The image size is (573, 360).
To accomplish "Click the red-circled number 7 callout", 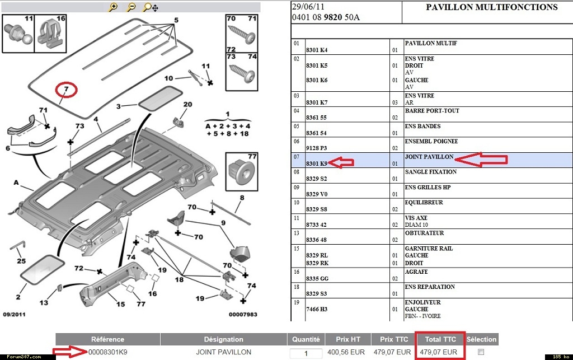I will click(x=65, y=89).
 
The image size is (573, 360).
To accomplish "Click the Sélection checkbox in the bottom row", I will click(x=481, y=352).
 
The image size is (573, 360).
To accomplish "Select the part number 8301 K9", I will click(x=317, y=163).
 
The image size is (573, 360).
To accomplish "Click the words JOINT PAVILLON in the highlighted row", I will click(x=429, y=157).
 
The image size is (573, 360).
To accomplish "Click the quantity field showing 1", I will click(x=306, y=353).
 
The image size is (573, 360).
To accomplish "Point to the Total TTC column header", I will click(x=439, y=339).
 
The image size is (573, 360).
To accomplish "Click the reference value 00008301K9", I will click(x=108, y=352).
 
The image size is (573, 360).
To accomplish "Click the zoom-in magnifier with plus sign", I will click(x=114, y=7).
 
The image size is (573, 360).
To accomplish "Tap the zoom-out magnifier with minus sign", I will click(x=131, y=7).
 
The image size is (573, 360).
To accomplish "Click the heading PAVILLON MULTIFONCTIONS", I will click(x=492, y=7).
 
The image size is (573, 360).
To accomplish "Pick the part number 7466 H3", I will click(x=317, y=309).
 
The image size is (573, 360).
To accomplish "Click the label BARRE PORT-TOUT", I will click(x=432, y=111).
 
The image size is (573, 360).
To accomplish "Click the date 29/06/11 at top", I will click(x=308, y=7).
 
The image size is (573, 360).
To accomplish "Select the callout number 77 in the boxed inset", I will click(x=252, y=157).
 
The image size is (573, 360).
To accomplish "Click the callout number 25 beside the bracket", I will click(x=21, y=261).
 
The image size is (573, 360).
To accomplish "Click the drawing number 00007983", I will click(x=243, y=314).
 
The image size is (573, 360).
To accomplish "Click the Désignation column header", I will click(x=223, y=339).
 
